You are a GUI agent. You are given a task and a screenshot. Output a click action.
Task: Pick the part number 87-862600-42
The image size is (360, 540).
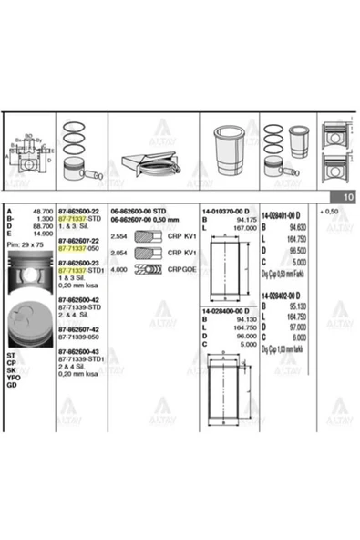(x=81, y=297)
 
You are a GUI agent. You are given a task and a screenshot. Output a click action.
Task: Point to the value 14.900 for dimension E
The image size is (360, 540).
(x=42, y=234)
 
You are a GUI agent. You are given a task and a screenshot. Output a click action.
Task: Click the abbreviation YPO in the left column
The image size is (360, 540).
(x=13, y=377)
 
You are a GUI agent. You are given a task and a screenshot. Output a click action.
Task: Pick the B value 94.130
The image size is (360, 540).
(x=240, y=320)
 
